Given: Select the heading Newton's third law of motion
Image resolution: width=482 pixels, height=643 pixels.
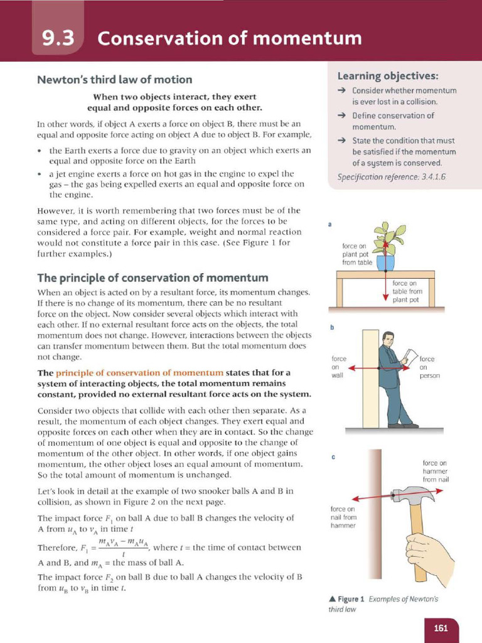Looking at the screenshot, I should point(114,80).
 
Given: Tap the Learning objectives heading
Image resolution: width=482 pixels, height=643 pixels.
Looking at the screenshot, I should point(387,76).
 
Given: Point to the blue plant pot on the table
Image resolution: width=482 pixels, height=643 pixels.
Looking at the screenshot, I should point(385,262).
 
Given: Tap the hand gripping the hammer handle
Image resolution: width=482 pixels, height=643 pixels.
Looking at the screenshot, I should point(429,549).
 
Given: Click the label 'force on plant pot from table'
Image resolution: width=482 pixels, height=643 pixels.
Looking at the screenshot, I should point(358,254).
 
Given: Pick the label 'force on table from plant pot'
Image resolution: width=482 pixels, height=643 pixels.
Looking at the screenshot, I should point(408,291).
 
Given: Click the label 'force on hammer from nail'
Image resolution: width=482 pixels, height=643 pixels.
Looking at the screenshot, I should point(436,471).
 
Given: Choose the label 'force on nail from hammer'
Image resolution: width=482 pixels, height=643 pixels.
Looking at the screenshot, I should point(343,517).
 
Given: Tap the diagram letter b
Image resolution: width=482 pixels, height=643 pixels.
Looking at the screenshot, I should point(331,327).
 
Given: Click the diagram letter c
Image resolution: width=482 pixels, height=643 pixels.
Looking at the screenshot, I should point(331,457).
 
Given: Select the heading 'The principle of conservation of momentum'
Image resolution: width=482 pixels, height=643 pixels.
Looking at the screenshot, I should point(153,278).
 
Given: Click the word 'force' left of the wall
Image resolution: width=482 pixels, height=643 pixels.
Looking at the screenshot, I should point(338,359).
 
